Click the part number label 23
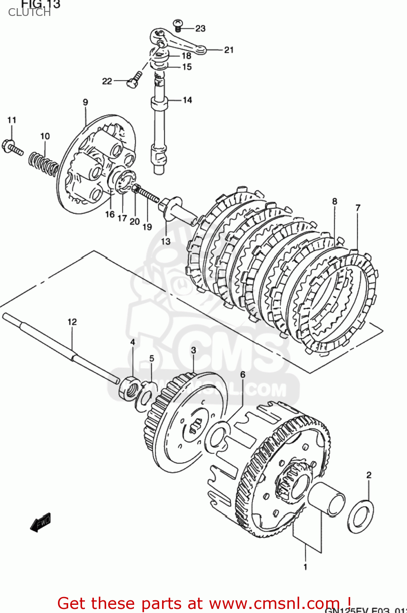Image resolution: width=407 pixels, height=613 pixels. (x=200, y=28)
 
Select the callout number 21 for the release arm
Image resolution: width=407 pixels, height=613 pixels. (x=229, y=50)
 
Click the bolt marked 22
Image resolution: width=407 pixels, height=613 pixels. (x=134, y=79)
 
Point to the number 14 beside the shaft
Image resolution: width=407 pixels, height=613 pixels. (x=187, y=100)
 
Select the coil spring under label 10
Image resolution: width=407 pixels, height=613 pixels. (x=43, y=163)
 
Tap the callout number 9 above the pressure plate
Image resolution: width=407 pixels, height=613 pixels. (x=85, y=102)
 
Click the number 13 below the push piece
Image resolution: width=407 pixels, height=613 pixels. (x=165, y=241)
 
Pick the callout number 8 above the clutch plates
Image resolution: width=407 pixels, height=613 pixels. (x=334, y=201)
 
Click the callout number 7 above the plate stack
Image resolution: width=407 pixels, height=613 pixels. (x=358, y=208)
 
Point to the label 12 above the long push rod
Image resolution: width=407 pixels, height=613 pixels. (x=72, y=322)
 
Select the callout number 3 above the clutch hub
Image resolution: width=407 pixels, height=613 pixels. (x=193, y=350)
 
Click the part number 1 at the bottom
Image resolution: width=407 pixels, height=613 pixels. (x=305, y=566)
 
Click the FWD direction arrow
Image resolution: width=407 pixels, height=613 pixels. (x=41, y=522)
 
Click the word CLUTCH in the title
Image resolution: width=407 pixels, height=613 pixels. (x=29, y=13)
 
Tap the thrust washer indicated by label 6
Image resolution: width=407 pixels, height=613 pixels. (x=218, y=438)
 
